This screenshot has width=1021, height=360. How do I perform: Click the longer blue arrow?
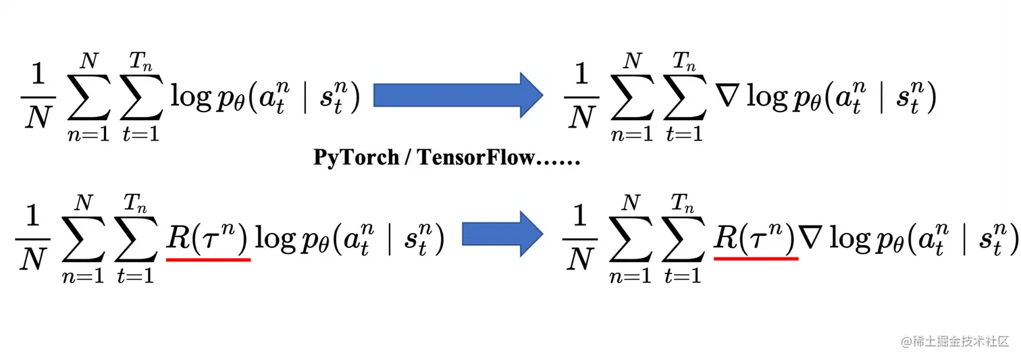(x=458, y=95)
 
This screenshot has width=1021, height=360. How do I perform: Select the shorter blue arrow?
(x=502, y=233)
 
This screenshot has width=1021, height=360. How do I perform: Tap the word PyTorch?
(x=357, y=158)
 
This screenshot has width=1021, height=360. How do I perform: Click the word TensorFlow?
(x=475, y=158)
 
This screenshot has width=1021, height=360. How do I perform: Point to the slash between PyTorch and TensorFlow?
(x=409, y=158)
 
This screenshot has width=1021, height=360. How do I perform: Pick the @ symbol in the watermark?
(x=907, y=341)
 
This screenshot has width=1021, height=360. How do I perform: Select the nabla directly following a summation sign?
(x=726, y=99)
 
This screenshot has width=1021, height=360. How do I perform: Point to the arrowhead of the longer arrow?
(x=527, y=95)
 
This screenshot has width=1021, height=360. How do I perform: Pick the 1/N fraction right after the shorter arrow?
(x=579, y=240)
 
